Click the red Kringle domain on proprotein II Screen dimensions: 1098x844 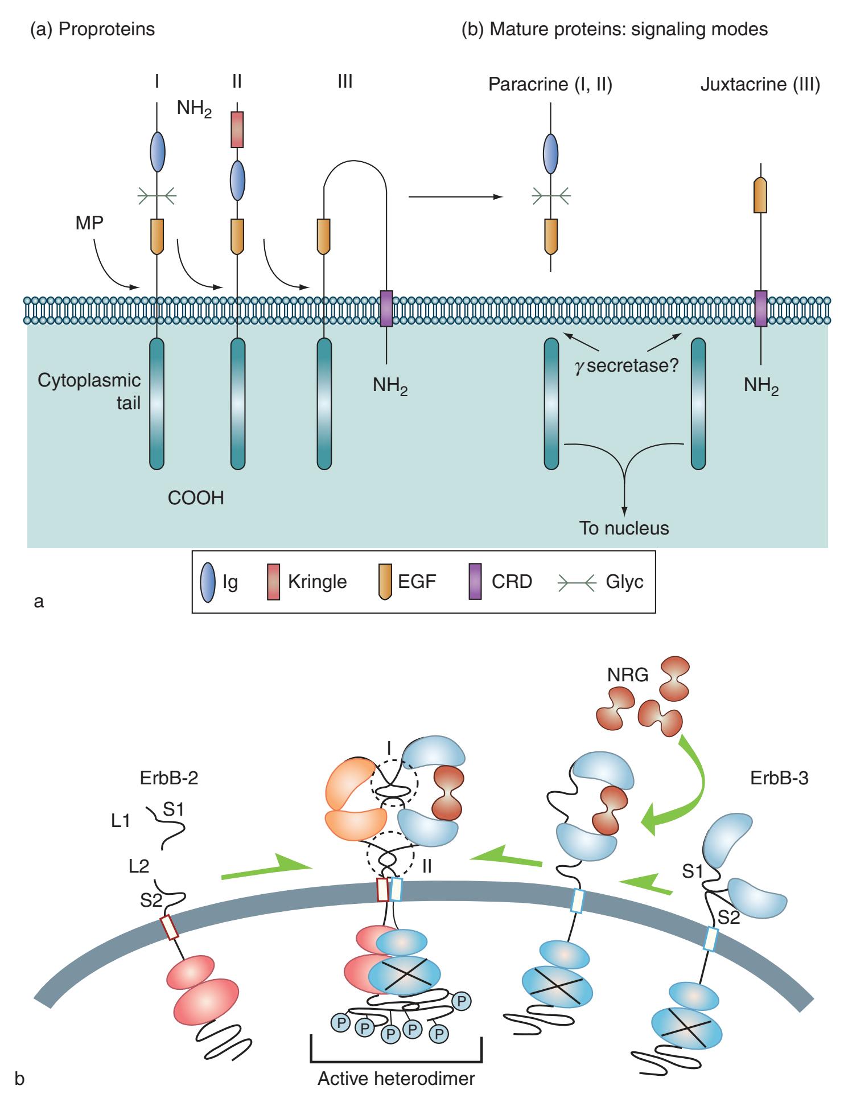click(x=237, y=130)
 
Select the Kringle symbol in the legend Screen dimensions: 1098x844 click(x=274, y=581)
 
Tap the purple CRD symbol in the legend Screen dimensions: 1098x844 click(x=475, y=581)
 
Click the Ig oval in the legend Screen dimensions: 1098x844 click(x=208, y=582)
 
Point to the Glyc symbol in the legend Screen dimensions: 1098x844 click(x=576, y=581)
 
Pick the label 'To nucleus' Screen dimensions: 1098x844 click(x=624, y=528)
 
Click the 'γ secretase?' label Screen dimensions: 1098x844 click(x=627, y=365)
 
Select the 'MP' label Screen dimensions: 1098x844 click(x=89, y=223)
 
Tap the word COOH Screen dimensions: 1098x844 click(x=196, y=498)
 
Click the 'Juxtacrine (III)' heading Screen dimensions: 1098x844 click(x=760, y=85)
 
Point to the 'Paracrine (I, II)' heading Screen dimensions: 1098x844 click(x=550, y=85)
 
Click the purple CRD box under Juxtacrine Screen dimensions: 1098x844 click(x=760, y=309)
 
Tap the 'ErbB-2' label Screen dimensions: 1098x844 click(x=169, y=778)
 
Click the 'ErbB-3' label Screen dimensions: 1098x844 click(x=779, y=778)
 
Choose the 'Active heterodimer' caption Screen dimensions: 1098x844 click(x=396, y=1079)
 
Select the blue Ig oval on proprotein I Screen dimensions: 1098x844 click(x=157, y=152)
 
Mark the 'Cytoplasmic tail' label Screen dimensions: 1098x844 click(x=89, y=392)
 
